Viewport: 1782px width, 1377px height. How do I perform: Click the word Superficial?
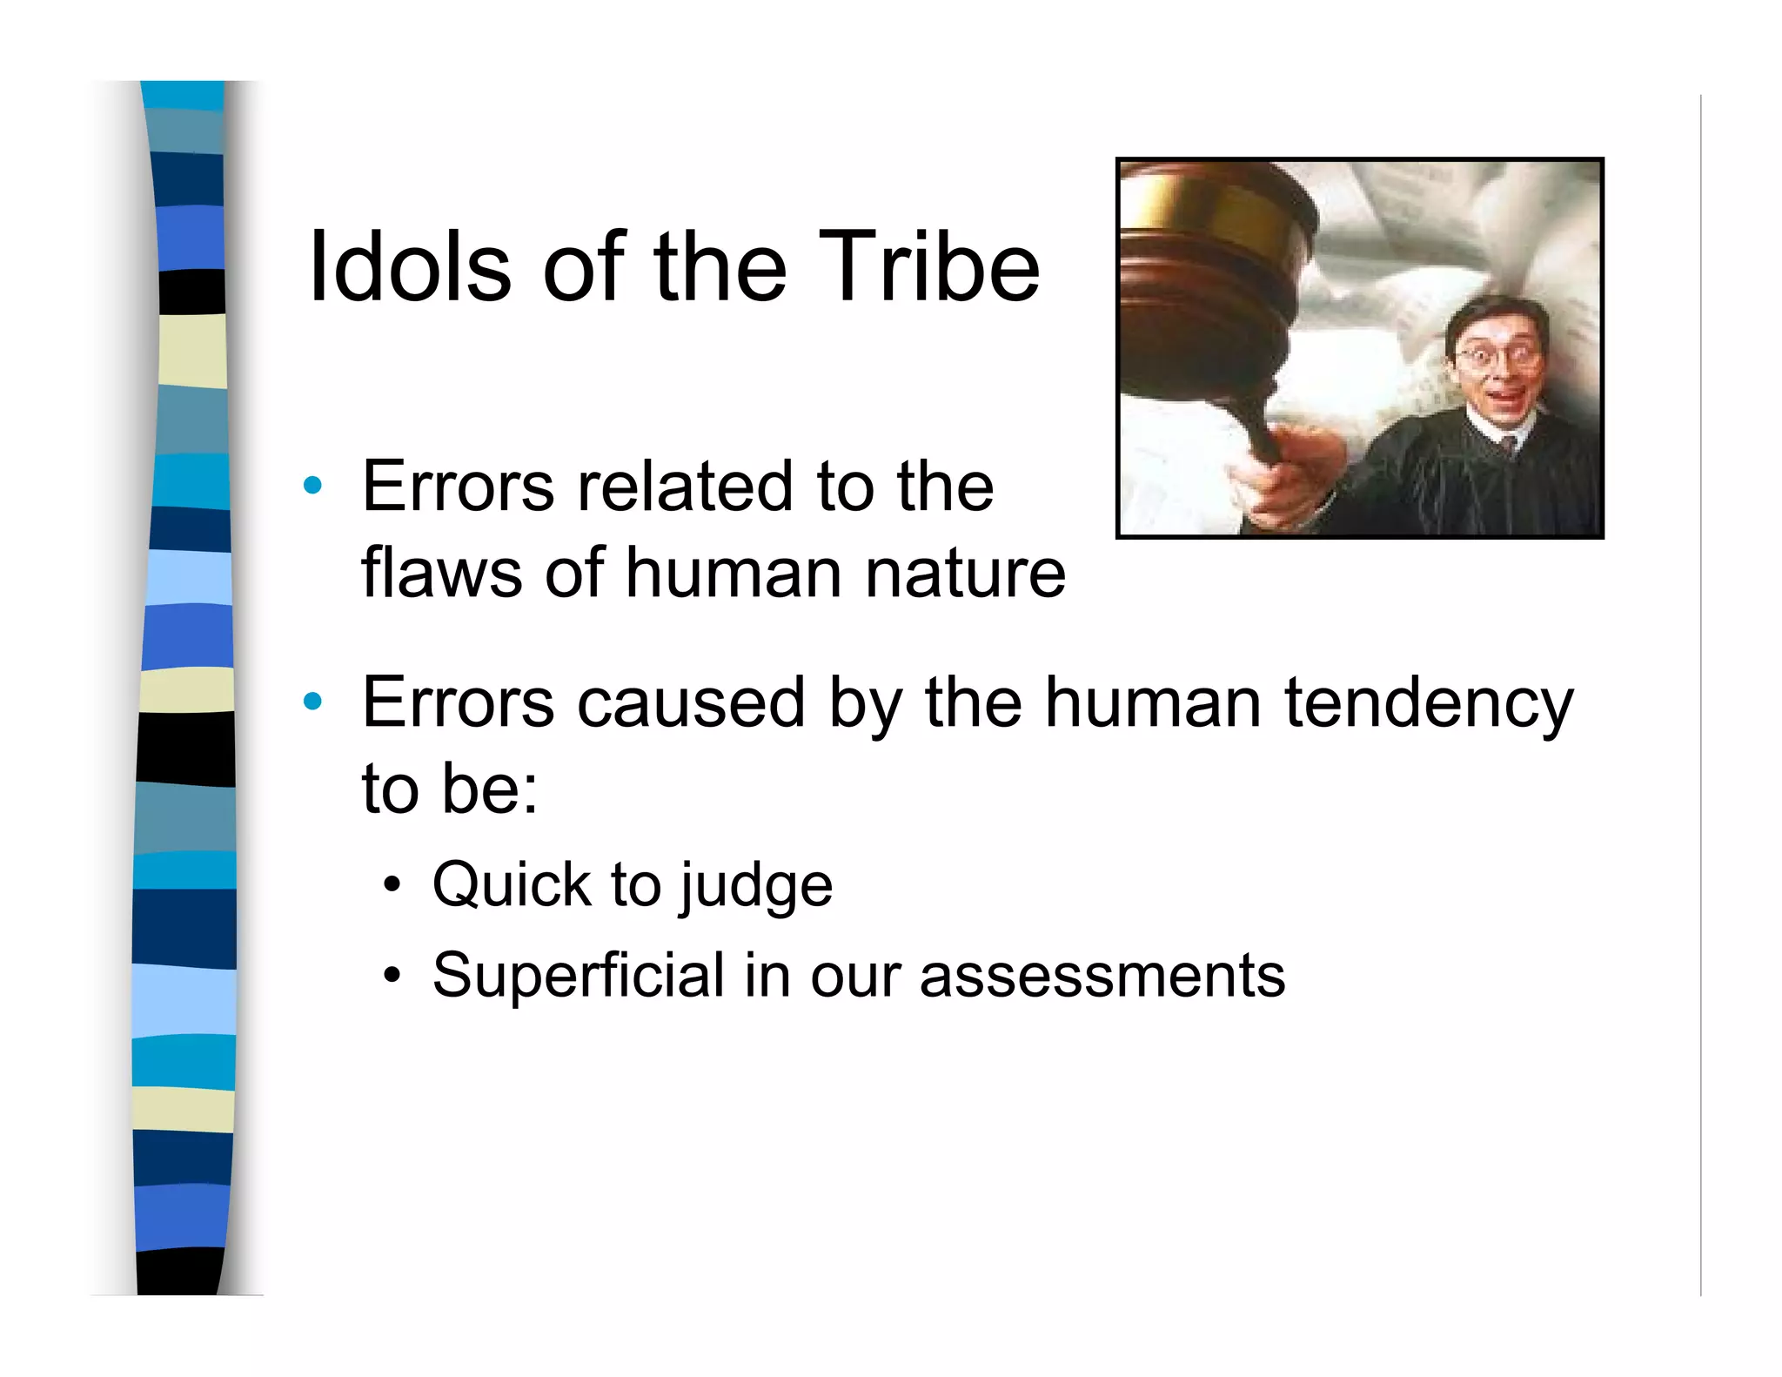[x=578, y=975]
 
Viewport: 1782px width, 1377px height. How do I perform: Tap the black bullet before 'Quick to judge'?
[x=392, y=886]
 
